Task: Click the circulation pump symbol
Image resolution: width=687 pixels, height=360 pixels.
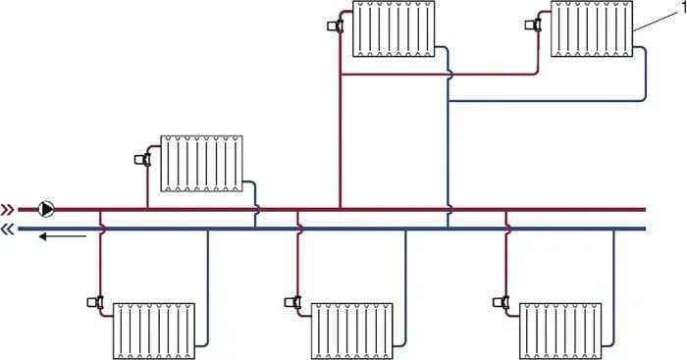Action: [46, 208]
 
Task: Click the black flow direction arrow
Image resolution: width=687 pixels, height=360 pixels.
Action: [62, 236]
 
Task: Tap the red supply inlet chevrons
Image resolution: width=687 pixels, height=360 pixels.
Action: [8, 209]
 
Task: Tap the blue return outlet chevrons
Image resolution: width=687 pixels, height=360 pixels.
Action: [8, 230]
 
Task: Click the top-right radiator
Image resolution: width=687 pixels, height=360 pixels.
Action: [591, 28]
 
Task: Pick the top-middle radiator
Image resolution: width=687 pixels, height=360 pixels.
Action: [395, 28]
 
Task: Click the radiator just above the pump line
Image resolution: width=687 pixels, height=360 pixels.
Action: [201, 162]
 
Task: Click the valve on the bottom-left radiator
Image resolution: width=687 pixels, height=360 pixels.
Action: [95, 303]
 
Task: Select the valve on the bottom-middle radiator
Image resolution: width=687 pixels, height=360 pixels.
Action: [293, 303]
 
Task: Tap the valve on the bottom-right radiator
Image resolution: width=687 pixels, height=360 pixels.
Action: [501, 303]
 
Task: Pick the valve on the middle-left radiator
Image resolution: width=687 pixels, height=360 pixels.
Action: [143, 156]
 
